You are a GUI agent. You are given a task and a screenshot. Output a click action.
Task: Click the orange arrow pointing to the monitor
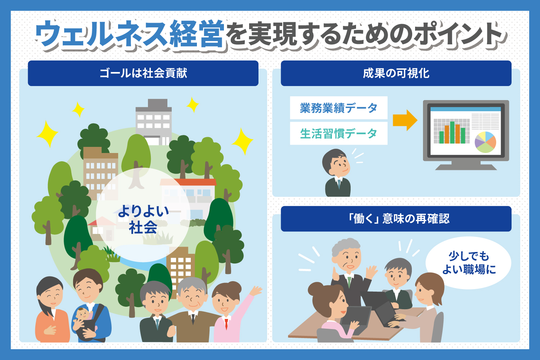(x=405, y=120)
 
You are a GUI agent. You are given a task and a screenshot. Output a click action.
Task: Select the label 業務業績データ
(x=338, y=108)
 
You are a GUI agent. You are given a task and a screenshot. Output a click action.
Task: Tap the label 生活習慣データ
(x=338, y=134)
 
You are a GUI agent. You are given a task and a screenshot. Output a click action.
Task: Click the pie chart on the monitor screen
(x=485, y=142)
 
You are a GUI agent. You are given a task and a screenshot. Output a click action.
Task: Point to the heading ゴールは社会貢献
(x=143, y=73)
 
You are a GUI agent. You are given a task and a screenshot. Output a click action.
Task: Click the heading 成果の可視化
(x=396, y=73)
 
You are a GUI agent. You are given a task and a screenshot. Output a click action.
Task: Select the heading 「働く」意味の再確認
(x=396, y=219)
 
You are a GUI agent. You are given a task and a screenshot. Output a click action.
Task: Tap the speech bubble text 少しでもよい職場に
(x=469, y=263)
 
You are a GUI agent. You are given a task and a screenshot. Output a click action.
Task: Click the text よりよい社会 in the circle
(x=143, y=219)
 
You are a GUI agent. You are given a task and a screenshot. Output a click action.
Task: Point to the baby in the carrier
(x=84, y=316)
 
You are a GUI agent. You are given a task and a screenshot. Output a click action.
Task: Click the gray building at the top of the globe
(x=154, y=122)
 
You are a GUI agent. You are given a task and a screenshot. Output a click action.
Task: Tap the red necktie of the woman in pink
(x=226, y=324)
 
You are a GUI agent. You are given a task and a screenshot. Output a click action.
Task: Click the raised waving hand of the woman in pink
(x=256, y=291)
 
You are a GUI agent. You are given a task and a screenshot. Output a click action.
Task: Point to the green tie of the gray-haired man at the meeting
(x=349, y=282)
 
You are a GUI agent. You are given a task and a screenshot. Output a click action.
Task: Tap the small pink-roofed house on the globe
(x=101, y=229)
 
